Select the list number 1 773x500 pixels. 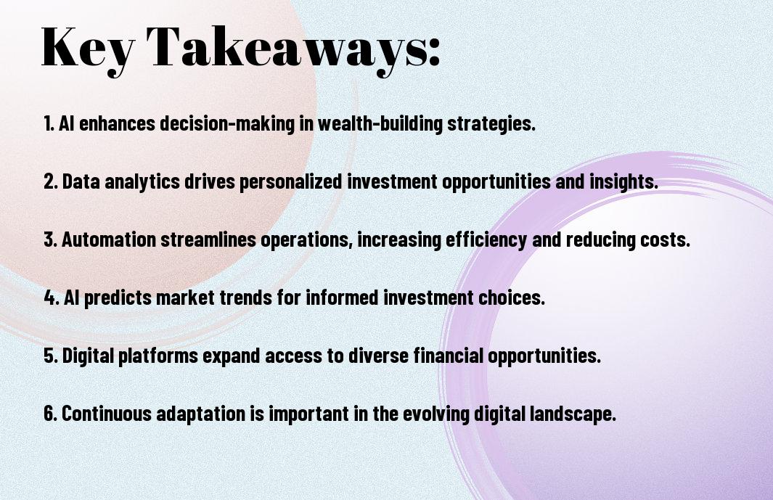click(49, 123)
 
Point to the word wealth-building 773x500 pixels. click(380, 124)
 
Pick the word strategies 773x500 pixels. click(491, 124)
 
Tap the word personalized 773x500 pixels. click(291, 181)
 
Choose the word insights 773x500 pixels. click(624, 181)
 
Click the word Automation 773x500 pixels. click(109, 239)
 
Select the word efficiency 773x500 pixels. click(486, 239)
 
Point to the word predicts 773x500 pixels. click(118, 298)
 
